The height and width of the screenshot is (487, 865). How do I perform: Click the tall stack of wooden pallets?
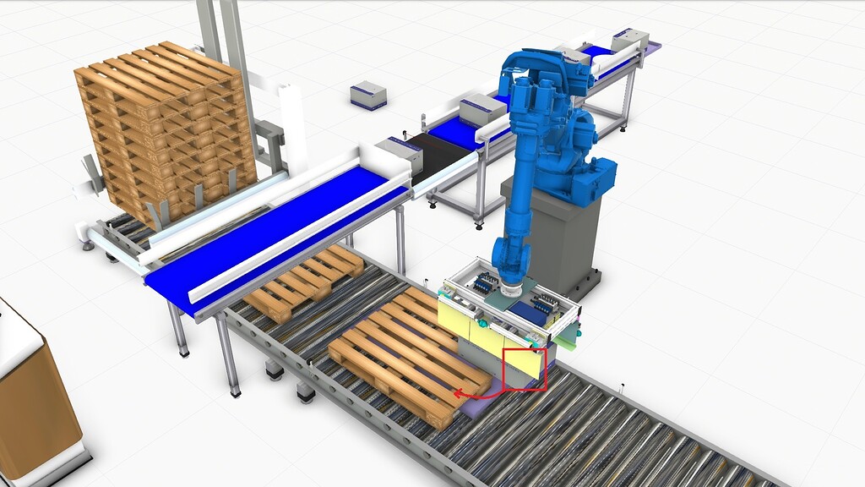coord(165,127)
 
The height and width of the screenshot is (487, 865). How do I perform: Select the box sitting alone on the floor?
coord(368,95)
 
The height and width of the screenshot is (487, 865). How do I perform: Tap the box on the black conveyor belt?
coord(399,156)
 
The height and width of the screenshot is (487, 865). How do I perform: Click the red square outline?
coord(525,369)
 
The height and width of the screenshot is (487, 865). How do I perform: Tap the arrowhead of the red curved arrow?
coord(457,393)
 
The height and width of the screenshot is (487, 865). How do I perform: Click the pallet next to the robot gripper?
coord(405,355)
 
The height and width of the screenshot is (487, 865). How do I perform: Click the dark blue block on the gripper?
coord(525,313)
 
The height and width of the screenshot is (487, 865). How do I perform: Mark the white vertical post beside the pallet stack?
coord(293,127)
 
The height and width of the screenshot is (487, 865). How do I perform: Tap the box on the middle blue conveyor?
coord(482,110)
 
